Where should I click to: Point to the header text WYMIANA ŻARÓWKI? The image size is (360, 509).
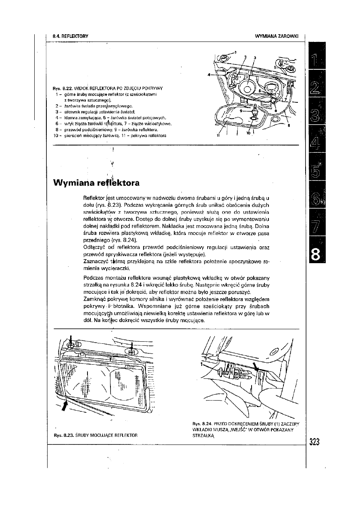tap(276, 36)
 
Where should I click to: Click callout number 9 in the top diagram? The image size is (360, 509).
tap(241, 110)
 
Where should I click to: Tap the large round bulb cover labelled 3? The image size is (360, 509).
tap(246, 87)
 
